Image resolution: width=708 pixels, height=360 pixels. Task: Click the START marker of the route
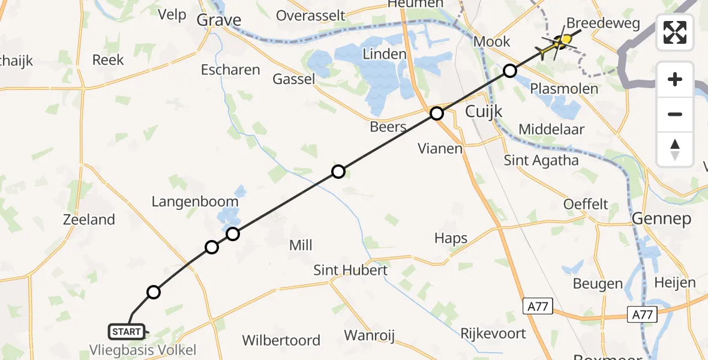click(x=127, y=331)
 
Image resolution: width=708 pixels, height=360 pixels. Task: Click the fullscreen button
click(x=675, y=32)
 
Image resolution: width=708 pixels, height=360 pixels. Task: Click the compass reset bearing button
click(x=675, y=149)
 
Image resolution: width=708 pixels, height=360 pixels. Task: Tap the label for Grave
click(x=219, y=20)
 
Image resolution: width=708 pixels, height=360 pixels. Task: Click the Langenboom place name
click(x=195, y=202)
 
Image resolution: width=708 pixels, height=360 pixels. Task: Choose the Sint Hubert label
click(x=350, y=270)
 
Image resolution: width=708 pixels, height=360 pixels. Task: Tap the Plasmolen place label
click(x=565, y=89)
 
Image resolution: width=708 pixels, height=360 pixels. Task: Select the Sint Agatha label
click(x=541, y=160)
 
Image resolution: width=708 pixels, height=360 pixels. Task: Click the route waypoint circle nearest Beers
click(x=437, y=113)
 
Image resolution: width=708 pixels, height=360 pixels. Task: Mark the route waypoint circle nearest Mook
click(x=509, y=71)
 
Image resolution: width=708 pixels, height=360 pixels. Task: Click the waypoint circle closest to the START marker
click(x=154, y=292)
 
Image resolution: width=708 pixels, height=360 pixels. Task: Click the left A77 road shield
click(x=537, y=307)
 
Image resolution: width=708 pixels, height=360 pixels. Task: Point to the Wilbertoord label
click(x=281, y=340)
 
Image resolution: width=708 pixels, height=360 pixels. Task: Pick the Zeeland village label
click(x=89, y=220)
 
